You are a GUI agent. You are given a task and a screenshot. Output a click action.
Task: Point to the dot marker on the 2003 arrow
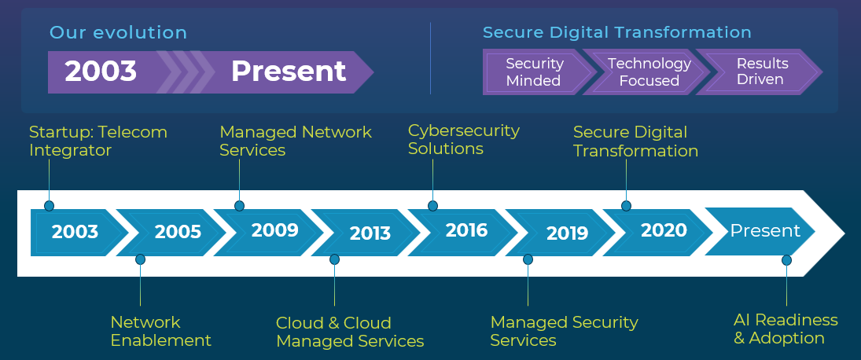[49, 206]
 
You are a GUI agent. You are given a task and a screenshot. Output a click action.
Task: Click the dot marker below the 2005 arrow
[140, 259]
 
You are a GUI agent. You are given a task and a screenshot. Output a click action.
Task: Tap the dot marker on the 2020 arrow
[626, 206]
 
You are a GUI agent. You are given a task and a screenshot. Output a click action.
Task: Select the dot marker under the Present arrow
[786, 260]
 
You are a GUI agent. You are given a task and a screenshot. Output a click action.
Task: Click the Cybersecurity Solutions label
[463, 139]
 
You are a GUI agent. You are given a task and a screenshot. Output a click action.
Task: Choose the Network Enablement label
[161, 331]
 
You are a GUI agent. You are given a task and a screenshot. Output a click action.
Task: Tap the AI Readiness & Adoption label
[786, 329]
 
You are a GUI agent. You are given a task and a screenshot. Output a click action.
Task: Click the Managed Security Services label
[564, 331]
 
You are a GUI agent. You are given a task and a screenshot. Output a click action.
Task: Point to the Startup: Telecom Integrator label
[98, 141]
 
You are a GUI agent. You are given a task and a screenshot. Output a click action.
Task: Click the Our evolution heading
[119, 32]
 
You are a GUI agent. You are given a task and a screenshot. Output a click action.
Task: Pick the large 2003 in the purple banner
[101, 72]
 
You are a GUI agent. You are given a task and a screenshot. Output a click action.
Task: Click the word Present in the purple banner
[289, 72]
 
